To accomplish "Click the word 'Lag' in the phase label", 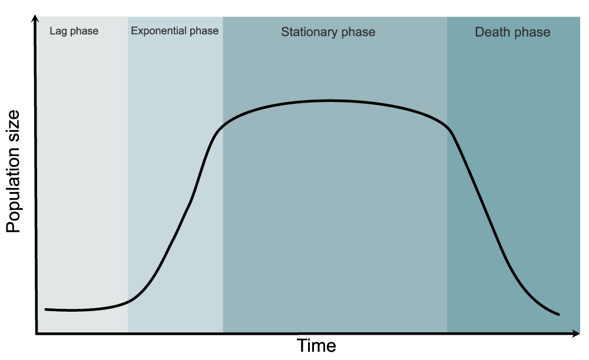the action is (x=57, y=31).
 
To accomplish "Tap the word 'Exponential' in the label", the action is (x=158, y=31).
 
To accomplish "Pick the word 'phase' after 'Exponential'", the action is (x=204, y=31).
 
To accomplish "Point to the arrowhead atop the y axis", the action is (x=35, y=19).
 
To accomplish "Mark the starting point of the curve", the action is (x=46, y=310).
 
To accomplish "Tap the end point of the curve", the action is (x=558, y=314).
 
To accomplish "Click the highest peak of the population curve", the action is (x=329, y=101).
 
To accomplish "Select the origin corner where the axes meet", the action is (x=37, y=333).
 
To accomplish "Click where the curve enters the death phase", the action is (x=447, y=126).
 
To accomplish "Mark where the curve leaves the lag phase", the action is (x=128, y=301).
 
